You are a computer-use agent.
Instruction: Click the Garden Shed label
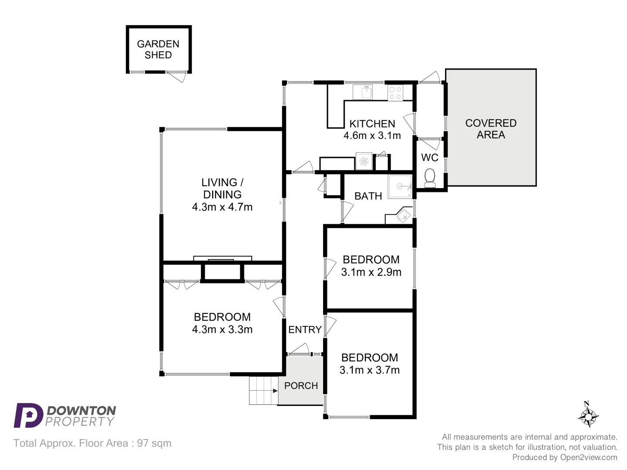pos(158,49)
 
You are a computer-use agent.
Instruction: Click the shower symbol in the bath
pos(400,187)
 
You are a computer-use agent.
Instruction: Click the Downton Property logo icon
pos(28,416)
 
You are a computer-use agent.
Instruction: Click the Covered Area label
pos(491,129)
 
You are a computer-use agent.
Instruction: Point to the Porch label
pos(301,386)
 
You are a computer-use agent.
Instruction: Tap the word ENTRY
pos(305,330)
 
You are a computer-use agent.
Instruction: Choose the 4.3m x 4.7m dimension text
pos(222,207)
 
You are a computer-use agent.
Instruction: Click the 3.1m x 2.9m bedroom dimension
pos(371,272)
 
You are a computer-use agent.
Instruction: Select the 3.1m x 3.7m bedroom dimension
pos(370,370)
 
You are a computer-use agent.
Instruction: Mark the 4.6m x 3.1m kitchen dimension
pos(372,136)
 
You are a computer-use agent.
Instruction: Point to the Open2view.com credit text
pos(589,457)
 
